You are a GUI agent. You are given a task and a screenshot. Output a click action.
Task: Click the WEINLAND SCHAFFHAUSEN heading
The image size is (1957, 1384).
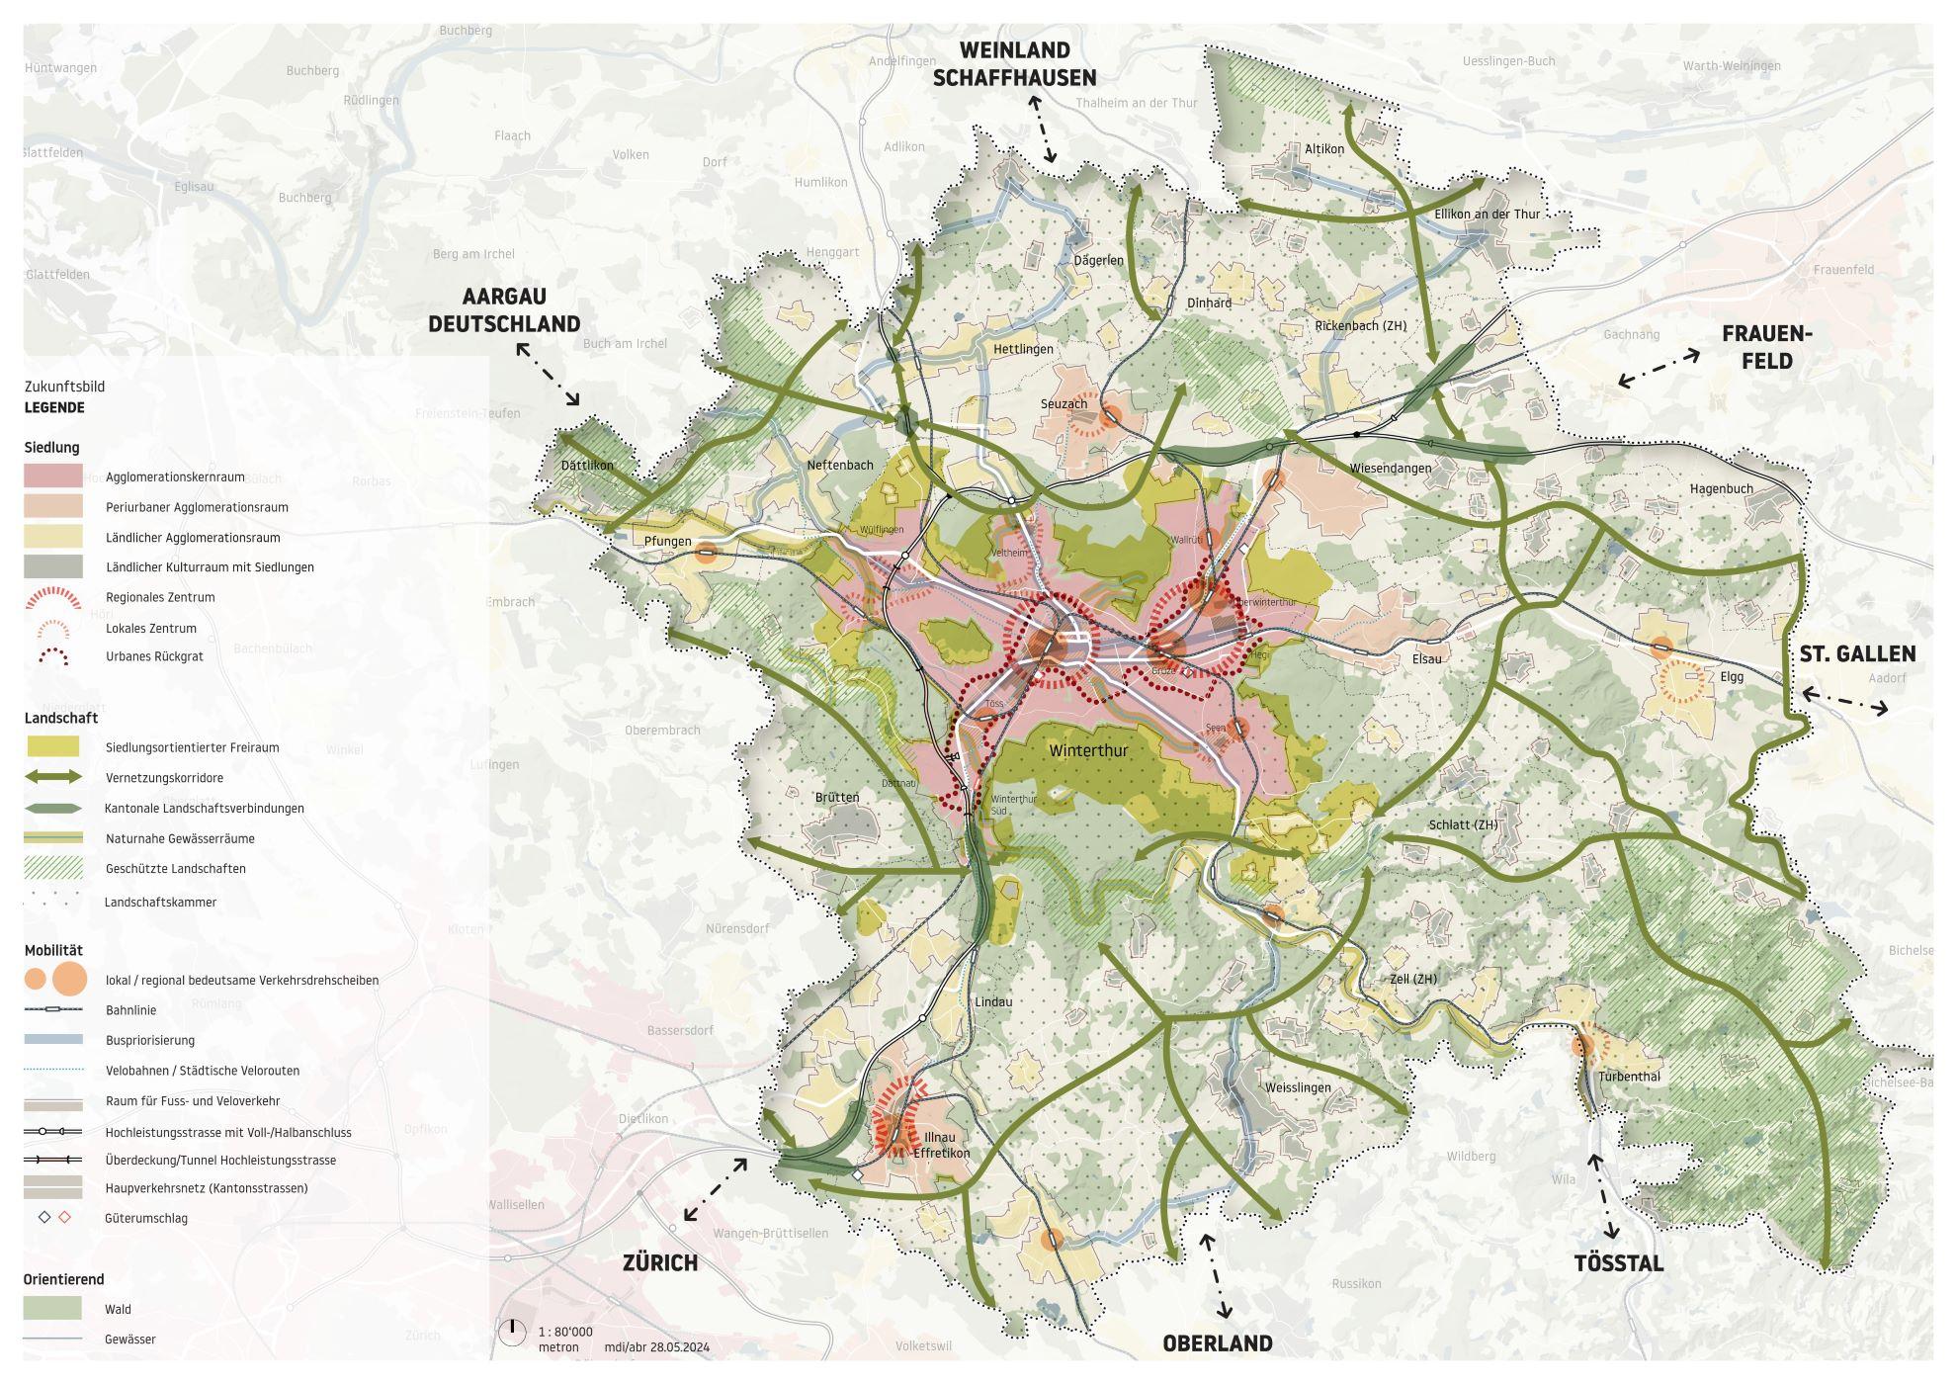pyautogui.click(x=1014, y=63)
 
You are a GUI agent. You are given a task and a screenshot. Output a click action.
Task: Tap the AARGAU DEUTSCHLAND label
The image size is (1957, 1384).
pyautogui.click(x=504, y=310)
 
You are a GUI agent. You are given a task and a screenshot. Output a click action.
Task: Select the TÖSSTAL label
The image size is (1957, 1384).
pyautogui.click(x=1619, y=1263)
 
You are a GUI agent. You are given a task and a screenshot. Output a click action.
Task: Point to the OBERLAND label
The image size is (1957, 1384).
pyautogui.click(x=1217, y=1343)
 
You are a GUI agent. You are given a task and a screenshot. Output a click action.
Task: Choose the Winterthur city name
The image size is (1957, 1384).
pyautogui.click(x=1088, y=750)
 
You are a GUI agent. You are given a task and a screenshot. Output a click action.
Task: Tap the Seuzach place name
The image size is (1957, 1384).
pyautogui.click(x=1064, y=403)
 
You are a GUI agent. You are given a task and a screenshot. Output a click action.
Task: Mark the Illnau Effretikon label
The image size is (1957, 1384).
pyautogui.click(x=941, y=1145)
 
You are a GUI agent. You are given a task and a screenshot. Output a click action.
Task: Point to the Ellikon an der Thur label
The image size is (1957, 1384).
pyautogui.click(x=1487, y=214)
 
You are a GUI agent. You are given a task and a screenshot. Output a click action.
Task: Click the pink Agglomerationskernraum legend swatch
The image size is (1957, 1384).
pyautogui.click(x=53, y=476)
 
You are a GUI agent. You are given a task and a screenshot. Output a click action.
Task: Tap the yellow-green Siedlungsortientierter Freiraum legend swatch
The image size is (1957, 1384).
pyautogui.click(x=53, y=747)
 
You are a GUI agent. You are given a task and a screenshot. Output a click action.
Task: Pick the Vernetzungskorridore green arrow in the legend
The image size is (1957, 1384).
pyautogui.click(x=53, y=778)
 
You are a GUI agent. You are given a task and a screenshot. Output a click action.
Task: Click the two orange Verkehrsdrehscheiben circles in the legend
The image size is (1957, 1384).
pyautogui.click(x=57, y=980)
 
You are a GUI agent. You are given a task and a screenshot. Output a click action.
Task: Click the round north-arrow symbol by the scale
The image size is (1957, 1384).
pyautogui.click(x=512, y=1333)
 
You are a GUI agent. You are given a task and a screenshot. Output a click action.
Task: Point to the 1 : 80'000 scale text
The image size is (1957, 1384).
pyautogui.click(x=565, y=1332)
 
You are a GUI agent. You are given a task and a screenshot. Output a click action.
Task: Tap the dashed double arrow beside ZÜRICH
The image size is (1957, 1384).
pyautogui.click(x=716, y=1190)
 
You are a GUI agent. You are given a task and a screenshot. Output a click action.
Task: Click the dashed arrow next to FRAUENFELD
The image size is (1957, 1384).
pyautogui.click(x=1659, y=368)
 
